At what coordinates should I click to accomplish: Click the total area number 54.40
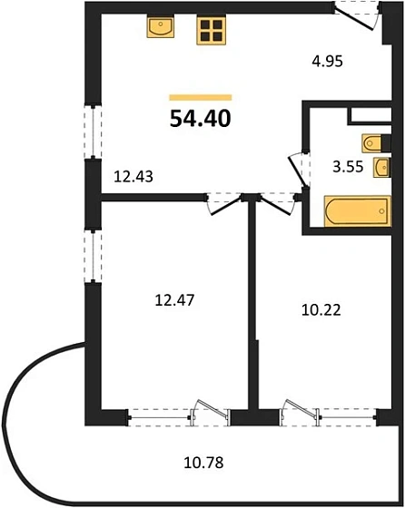(x=201, y=117)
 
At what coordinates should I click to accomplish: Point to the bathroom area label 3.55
(x=347, y=166)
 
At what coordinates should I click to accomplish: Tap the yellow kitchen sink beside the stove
(x=161, y=27)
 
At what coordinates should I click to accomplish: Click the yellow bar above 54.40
(x=201, y=97)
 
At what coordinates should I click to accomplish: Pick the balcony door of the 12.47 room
(x=206, y=414)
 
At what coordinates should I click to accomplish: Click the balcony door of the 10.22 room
(x=293, y=414)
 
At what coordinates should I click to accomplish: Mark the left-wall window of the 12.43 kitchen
(x=91, y=132)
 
